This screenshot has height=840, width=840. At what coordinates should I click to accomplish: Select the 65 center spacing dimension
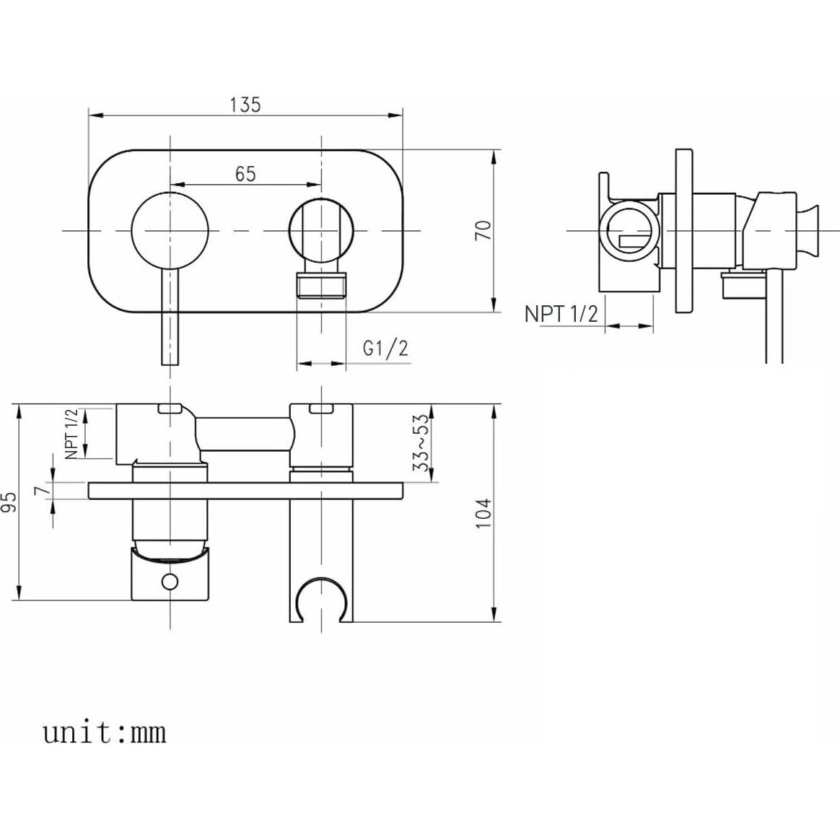coord(245,174)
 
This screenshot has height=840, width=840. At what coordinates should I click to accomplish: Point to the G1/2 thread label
coord(385,349)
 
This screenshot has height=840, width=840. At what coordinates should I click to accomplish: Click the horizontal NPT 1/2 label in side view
coord(561,314)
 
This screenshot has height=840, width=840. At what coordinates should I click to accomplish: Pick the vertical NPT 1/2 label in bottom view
coord(71,434)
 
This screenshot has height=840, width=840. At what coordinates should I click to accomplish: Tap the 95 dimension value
coord(9,503)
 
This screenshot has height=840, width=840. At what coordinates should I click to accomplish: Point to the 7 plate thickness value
coord(43,490)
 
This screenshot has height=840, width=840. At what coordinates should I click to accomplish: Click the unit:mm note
coord(105,732)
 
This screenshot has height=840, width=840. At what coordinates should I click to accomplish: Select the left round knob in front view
coord(170,230)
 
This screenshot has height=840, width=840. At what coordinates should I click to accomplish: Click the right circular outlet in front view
coord(321,230)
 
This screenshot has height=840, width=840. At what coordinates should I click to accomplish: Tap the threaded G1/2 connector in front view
coord(322,285)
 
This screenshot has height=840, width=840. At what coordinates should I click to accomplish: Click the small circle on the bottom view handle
coord(170,581)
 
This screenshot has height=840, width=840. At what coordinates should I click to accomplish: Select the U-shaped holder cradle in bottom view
coord(321,595)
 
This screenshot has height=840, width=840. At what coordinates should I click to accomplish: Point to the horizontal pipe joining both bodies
coord(245,434)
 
